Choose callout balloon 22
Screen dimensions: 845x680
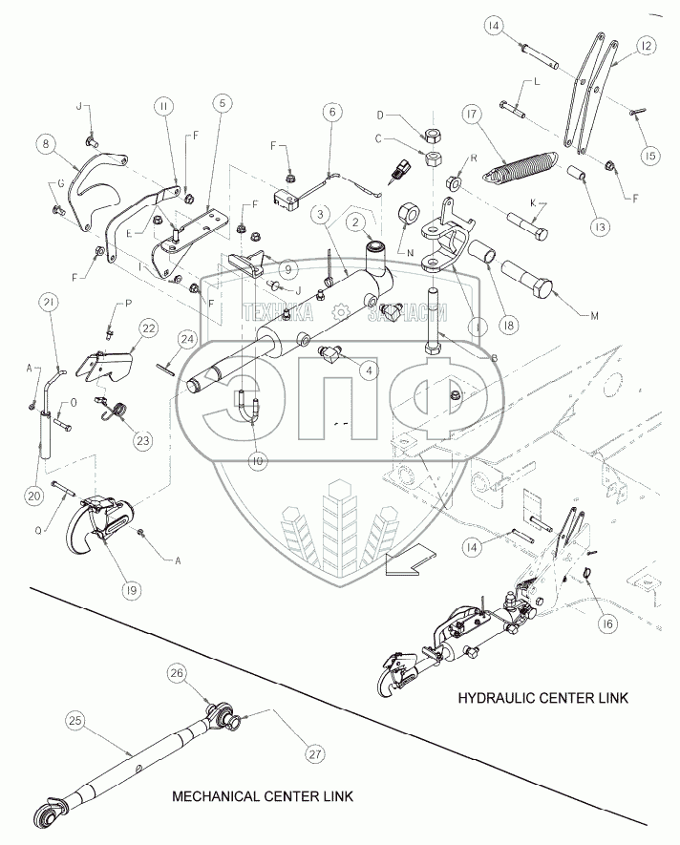tap(147, 327)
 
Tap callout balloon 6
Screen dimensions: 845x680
tap(331, 113)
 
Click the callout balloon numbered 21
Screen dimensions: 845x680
tap(49, 305)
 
